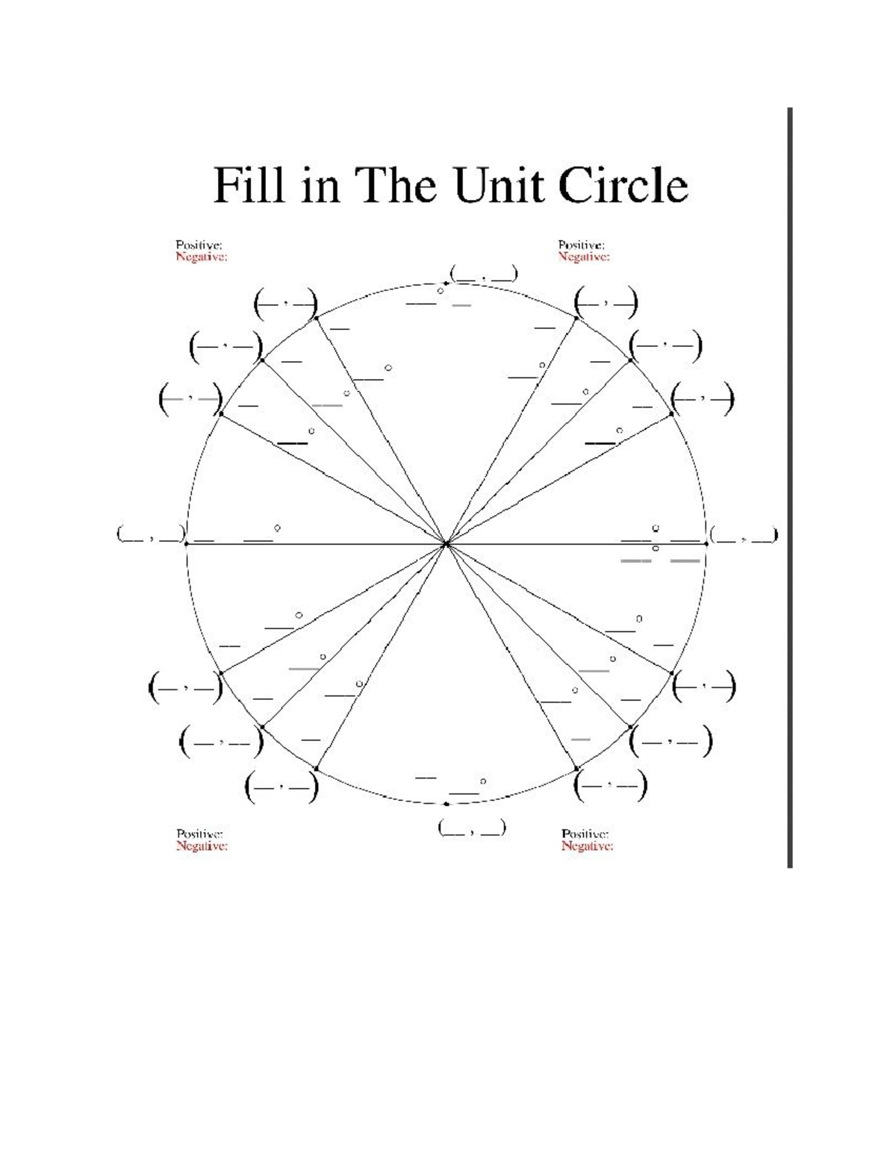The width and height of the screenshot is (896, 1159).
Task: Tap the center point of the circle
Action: point(446,544)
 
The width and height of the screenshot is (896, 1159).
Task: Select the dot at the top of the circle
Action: point(446,283)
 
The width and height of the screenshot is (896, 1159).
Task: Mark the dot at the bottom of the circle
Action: point(446,804)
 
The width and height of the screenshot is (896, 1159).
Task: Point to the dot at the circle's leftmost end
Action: point(185,544)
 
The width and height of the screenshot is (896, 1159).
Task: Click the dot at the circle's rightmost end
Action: point(706,544)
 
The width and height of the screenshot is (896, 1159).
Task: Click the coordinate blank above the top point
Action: point(482,274)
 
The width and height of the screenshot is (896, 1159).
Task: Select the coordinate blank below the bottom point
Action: point(472,828)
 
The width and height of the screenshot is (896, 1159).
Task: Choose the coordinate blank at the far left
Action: point(150,535)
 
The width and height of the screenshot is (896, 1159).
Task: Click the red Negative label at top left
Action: point(201,257)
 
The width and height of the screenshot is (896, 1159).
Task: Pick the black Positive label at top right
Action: point(582,245)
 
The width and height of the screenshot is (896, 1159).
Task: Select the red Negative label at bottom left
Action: point(202,846)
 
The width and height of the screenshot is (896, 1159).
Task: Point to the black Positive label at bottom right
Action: point(585,834)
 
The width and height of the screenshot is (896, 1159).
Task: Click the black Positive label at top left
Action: point(199,245)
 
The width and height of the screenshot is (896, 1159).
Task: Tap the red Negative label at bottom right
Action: point(587,846)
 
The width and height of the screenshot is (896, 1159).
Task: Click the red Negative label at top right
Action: point(584,257)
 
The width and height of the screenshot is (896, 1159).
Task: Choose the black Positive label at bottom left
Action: point(200,834)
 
